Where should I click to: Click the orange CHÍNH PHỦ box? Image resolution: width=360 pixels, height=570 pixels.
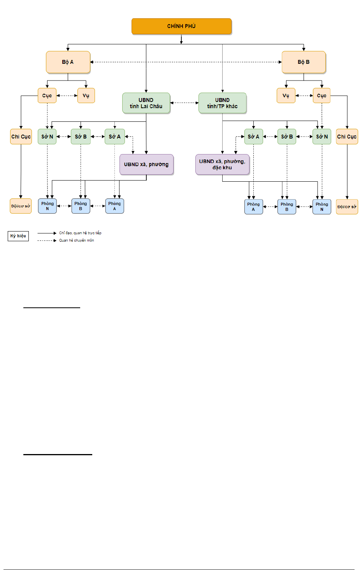point(181,26)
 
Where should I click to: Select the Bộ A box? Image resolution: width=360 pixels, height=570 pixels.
point(68,62)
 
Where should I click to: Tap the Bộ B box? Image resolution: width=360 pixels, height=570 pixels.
point(304,62)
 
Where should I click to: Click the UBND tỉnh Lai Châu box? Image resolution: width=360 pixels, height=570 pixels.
point(146,103)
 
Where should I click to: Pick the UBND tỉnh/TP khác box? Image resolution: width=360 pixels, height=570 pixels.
point(223,103)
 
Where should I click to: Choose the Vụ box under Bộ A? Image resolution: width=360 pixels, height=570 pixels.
point(86,96)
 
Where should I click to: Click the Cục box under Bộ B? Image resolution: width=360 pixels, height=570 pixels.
point(321,96)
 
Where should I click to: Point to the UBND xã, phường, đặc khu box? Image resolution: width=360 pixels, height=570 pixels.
point(223,164)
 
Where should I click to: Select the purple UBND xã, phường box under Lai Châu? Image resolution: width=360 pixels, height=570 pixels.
point(146,164)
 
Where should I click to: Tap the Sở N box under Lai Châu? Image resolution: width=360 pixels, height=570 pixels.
point(47,137)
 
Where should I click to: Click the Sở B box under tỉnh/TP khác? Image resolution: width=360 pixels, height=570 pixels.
point(287,137)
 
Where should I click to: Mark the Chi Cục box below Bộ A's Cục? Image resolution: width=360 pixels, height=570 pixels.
point(21,137)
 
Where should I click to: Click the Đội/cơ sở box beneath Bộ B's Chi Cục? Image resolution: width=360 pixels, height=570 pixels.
point(347,207)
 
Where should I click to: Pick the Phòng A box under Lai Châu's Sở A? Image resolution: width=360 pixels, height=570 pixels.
point(114,206)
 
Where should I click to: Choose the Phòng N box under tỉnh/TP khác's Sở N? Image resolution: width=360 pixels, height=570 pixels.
point(322,207)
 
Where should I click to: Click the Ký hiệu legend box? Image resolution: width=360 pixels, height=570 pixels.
point(18,236)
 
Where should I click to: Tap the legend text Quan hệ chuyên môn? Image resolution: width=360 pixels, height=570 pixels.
point(77,240)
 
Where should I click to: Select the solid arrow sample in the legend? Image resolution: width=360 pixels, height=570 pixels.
point(47,233)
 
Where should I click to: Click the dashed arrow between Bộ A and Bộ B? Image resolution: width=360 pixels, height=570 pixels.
point(186,62)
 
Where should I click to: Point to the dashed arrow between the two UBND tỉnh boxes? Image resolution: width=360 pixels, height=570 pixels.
point(184,103)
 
